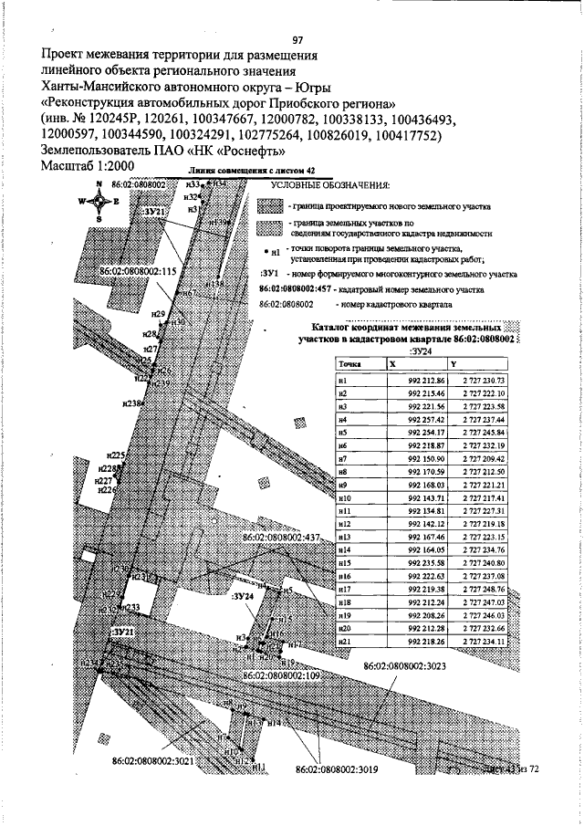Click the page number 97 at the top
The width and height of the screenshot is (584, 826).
[297, 39]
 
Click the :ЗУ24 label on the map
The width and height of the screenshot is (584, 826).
[242, 596]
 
